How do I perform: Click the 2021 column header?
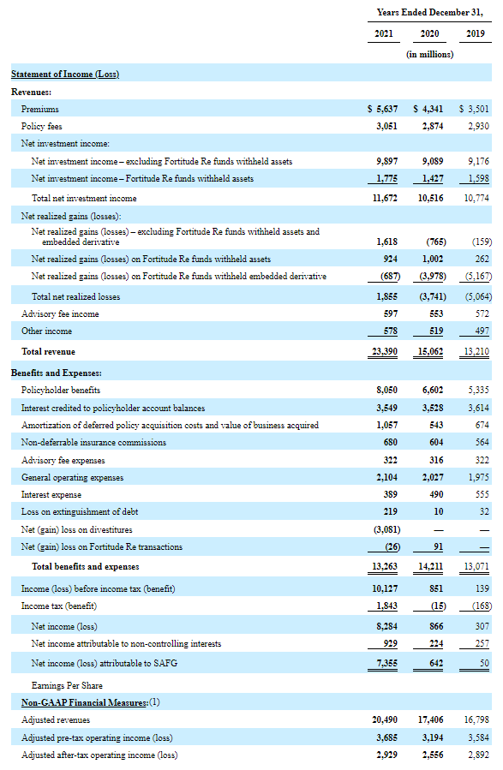click(x=384, y=33)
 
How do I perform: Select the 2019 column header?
click(x=475, y=33)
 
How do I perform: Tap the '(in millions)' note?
click(x=430, y=54)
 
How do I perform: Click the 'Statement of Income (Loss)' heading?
click(x=65, y=74)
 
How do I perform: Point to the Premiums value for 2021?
click(x=383, y=109)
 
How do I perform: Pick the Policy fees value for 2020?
click(x=432, y=126)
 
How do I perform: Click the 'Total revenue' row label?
click(x=48, y=352)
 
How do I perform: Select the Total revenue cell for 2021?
click(x=384, y=352)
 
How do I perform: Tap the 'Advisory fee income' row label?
click(x=60, y=313)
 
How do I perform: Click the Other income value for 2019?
click(x=482, y=331)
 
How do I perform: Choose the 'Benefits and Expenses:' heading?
click(x=57, y=373)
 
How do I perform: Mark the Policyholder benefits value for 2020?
click(x=432, y=390)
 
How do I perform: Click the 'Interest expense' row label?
click(x=51, y=494)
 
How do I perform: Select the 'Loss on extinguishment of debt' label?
click(x=80, y=511)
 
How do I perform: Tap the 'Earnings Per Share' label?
click(x=67, y=685)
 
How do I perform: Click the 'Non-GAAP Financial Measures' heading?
click(x=85, y=702)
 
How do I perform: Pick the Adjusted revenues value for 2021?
click(x=385, y=720)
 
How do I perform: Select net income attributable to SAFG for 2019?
click(x=484, y=663)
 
